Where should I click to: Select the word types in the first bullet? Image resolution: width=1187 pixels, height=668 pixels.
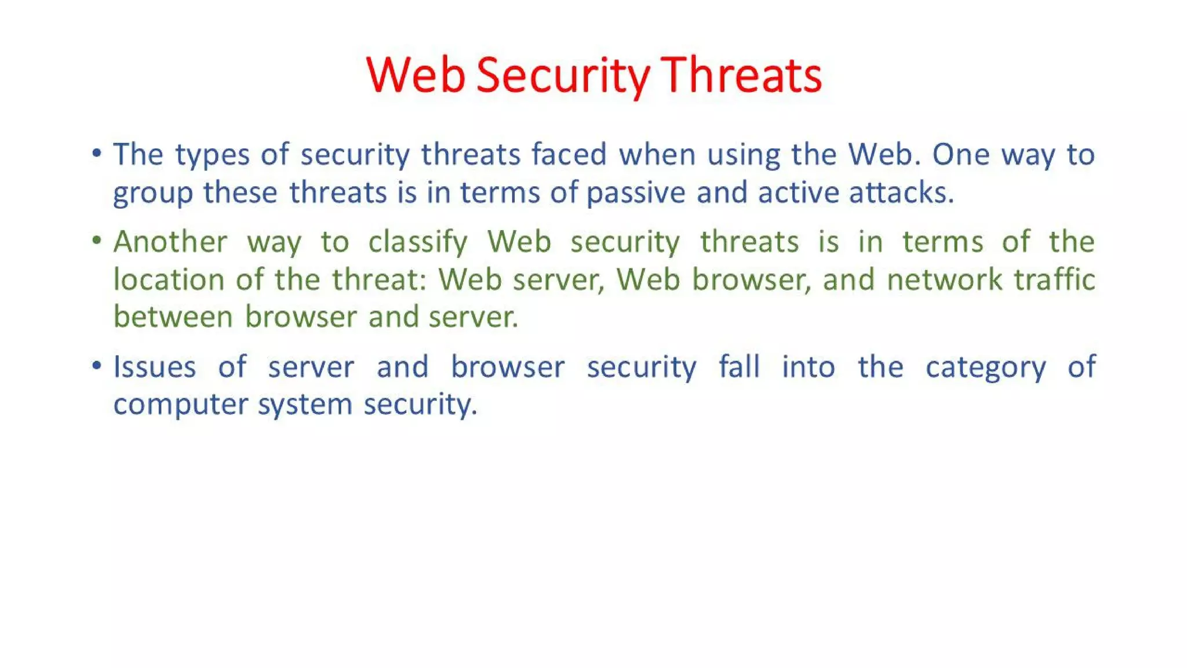pos(212,155)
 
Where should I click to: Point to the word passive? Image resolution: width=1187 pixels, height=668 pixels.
pos(636,193)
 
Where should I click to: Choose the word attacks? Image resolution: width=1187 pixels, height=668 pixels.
pos(901,193)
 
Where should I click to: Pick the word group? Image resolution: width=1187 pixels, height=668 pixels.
pos(152,194)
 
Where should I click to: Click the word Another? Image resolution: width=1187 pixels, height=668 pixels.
pos(170,242)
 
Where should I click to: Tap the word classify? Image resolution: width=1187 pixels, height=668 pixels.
pos(418,242)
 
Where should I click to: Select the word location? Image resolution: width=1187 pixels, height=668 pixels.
pos(169,279)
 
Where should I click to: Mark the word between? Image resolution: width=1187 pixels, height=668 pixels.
pos(173,317)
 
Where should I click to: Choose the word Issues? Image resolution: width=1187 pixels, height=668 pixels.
pos(155,367)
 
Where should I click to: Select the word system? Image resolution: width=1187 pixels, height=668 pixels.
pos(305,405)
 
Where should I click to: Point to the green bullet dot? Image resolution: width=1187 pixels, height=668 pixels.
pos(97,240)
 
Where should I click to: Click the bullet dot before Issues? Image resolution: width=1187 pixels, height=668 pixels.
pos(97,365)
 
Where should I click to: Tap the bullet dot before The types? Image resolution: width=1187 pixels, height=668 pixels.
pos(97,153)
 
